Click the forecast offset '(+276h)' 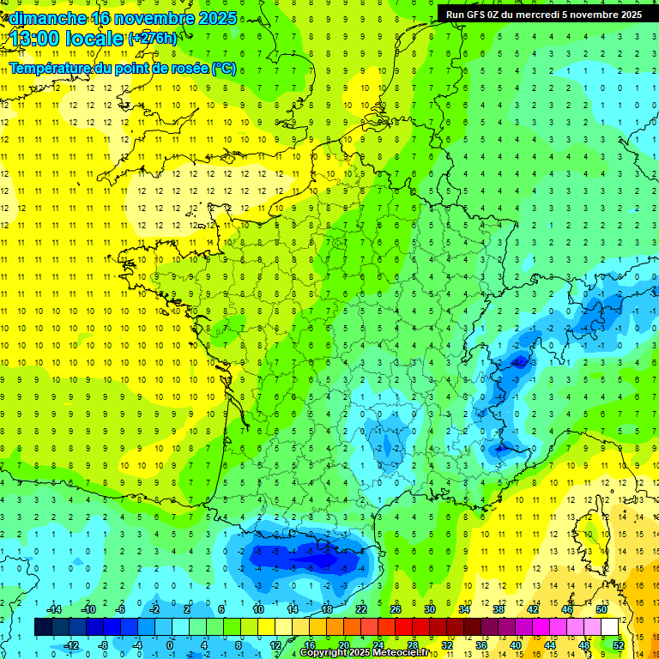point(154,39)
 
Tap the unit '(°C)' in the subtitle point(223,69)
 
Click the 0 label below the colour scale point(171,645)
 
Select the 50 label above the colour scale point(602,609)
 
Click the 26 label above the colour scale point(396,609)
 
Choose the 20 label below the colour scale point(343,645)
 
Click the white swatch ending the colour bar point(610,627)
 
